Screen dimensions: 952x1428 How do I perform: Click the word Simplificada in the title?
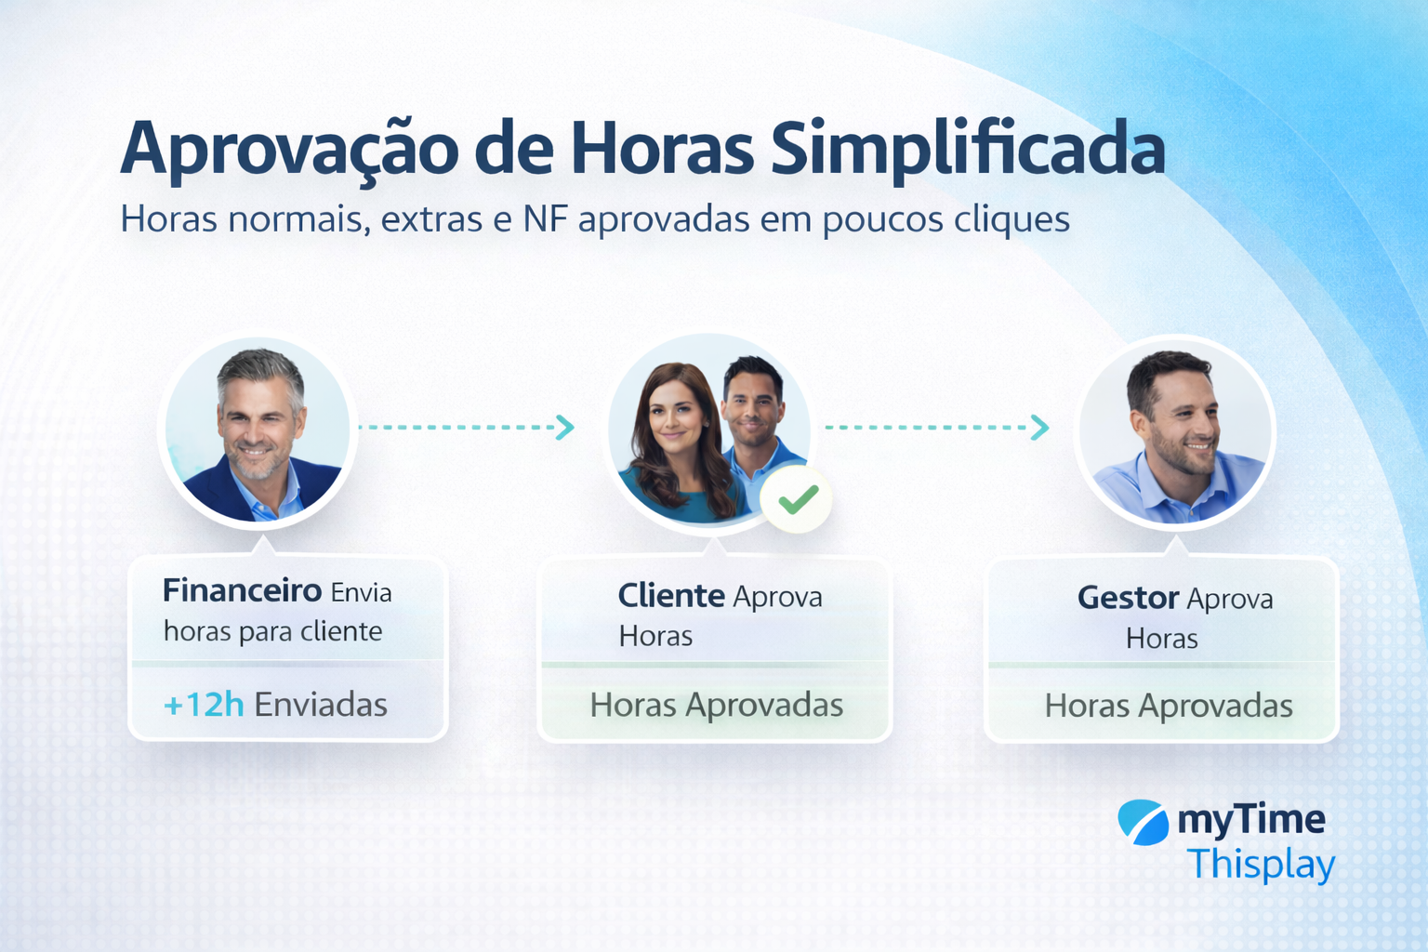[968, 149]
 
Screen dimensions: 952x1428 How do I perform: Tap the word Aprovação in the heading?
[289, 149]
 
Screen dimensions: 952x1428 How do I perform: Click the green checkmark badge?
[797, 499]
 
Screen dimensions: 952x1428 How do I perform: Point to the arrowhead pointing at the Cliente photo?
[565, 427]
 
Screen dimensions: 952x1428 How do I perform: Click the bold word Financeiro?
[242, 590]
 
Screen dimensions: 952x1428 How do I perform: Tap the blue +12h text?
[204, 705]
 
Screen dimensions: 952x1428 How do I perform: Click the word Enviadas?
[321, 705]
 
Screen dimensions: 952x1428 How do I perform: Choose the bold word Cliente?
[671, 595]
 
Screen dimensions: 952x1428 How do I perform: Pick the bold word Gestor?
[1128, 598]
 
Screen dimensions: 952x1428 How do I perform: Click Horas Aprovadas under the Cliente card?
[716, 705]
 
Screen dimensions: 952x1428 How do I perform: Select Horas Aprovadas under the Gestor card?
[1169, 706]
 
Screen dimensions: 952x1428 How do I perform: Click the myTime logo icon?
[1143, 822]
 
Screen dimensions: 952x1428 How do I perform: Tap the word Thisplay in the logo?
[1261, 864]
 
